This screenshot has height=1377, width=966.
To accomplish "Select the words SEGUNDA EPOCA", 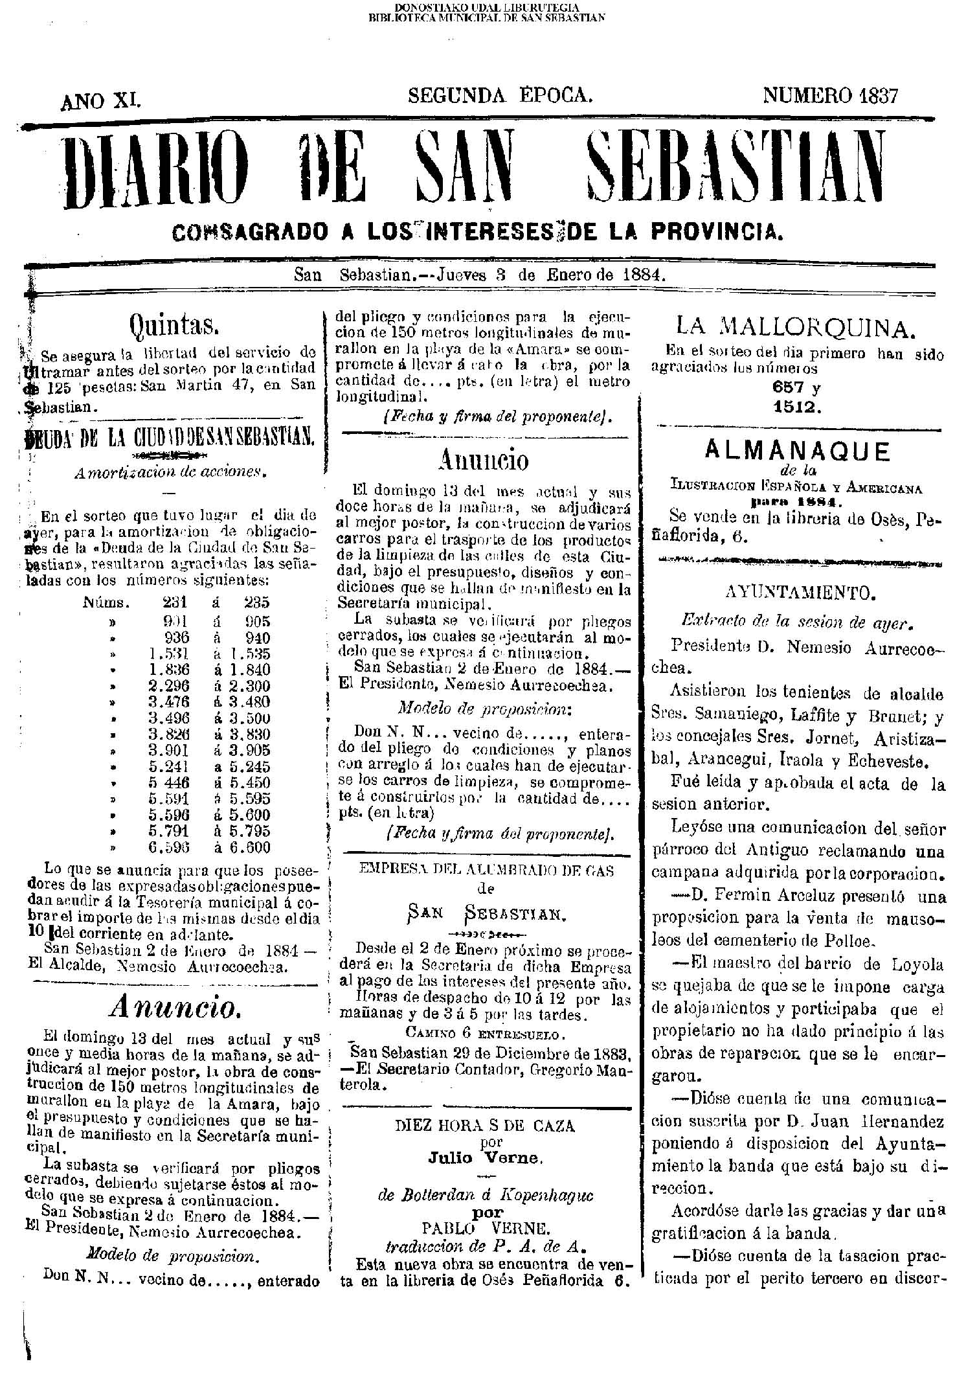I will (x=500, y=96).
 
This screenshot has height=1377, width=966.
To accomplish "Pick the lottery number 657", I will (x=787, y=388).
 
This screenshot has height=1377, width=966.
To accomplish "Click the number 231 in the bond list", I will (x=176, y=602).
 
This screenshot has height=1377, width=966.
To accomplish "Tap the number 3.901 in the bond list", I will (x=168, y=750).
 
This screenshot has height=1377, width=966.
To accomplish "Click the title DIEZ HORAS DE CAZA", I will (x=485, y=1125).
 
